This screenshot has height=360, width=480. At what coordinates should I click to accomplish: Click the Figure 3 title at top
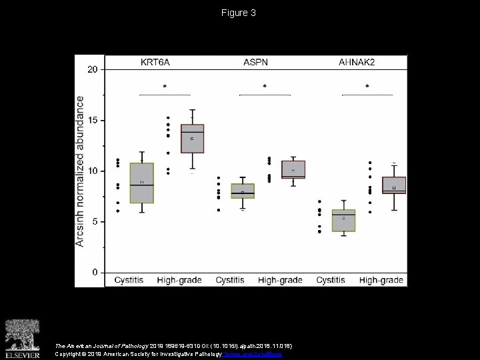point(239,13)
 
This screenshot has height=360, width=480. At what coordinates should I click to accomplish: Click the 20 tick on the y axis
point(93,69)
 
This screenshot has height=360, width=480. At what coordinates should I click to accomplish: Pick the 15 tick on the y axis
point(93,121)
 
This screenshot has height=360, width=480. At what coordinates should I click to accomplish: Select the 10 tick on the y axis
point(93,171)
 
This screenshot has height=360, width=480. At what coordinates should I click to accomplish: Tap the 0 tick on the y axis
point(95,273)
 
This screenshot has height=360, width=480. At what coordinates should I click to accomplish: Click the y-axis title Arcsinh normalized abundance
point(80,171)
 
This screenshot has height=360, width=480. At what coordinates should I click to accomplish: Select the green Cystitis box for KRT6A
point(141,183)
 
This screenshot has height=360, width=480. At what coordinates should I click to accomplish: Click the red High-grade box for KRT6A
point(192,139)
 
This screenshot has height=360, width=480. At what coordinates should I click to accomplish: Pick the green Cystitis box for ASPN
point(243,191)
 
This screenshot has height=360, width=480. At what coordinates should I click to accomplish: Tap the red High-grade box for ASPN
point(293,169)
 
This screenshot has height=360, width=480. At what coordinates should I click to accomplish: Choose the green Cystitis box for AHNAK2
point(344,220)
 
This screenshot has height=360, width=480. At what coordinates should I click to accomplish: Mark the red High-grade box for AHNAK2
point(394,185)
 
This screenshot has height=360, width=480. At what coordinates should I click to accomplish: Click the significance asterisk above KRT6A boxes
point(165,87)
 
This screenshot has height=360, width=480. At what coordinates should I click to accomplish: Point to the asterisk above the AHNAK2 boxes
point(367,87)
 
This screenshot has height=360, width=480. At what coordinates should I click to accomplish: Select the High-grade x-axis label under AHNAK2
point(381,281)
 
